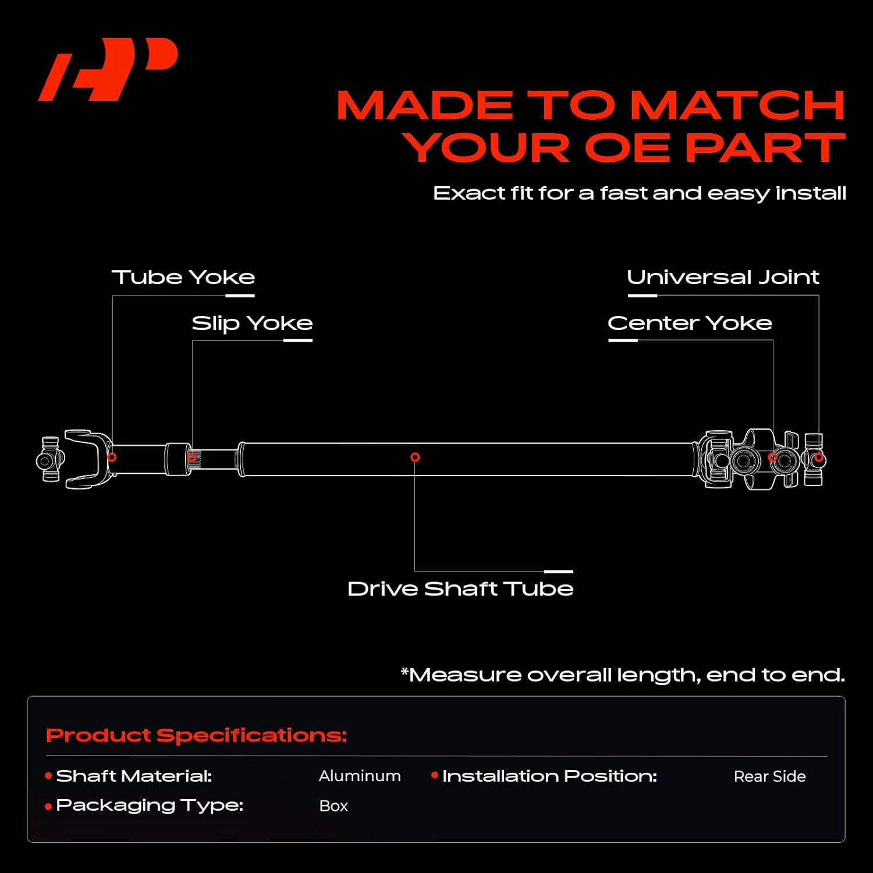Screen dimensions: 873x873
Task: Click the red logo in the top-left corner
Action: [x=108, y=69]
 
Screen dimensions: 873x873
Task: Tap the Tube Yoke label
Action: [x=183, y=278]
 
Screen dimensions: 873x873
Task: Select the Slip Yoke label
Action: [x=252, y=324]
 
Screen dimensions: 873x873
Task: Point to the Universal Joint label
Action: [x=723, y=278]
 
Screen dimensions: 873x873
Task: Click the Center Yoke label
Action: [x=690, y=324]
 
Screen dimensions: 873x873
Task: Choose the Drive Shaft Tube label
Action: [x=460, y=589]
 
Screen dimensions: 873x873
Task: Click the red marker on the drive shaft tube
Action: [x=415, y=457]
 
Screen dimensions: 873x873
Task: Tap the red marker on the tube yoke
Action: [x=112, y=457]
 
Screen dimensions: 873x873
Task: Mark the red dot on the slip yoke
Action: [x=193, y=458]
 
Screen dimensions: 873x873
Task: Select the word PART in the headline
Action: [x=765, y=148]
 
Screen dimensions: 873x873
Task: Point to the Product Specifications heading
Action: [x=197, y=736]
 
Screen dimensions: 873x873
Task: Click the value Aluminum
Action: [x=360, y=776]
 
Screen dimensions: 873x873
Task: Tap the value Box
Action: [x=333, y=806]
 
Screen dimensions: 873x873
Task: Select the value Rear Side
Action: [x=769, y=776]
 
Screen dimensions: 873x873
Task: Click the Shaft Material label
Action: [x=134, y=776]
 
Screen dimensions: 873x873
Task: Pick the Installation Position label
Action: [x=549, y=776]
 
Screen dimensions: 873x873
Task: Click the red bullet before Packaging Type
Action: [x=49, y=807]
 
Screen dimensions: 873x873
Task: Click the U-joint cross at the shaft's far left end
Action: [x=50, y=460]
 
